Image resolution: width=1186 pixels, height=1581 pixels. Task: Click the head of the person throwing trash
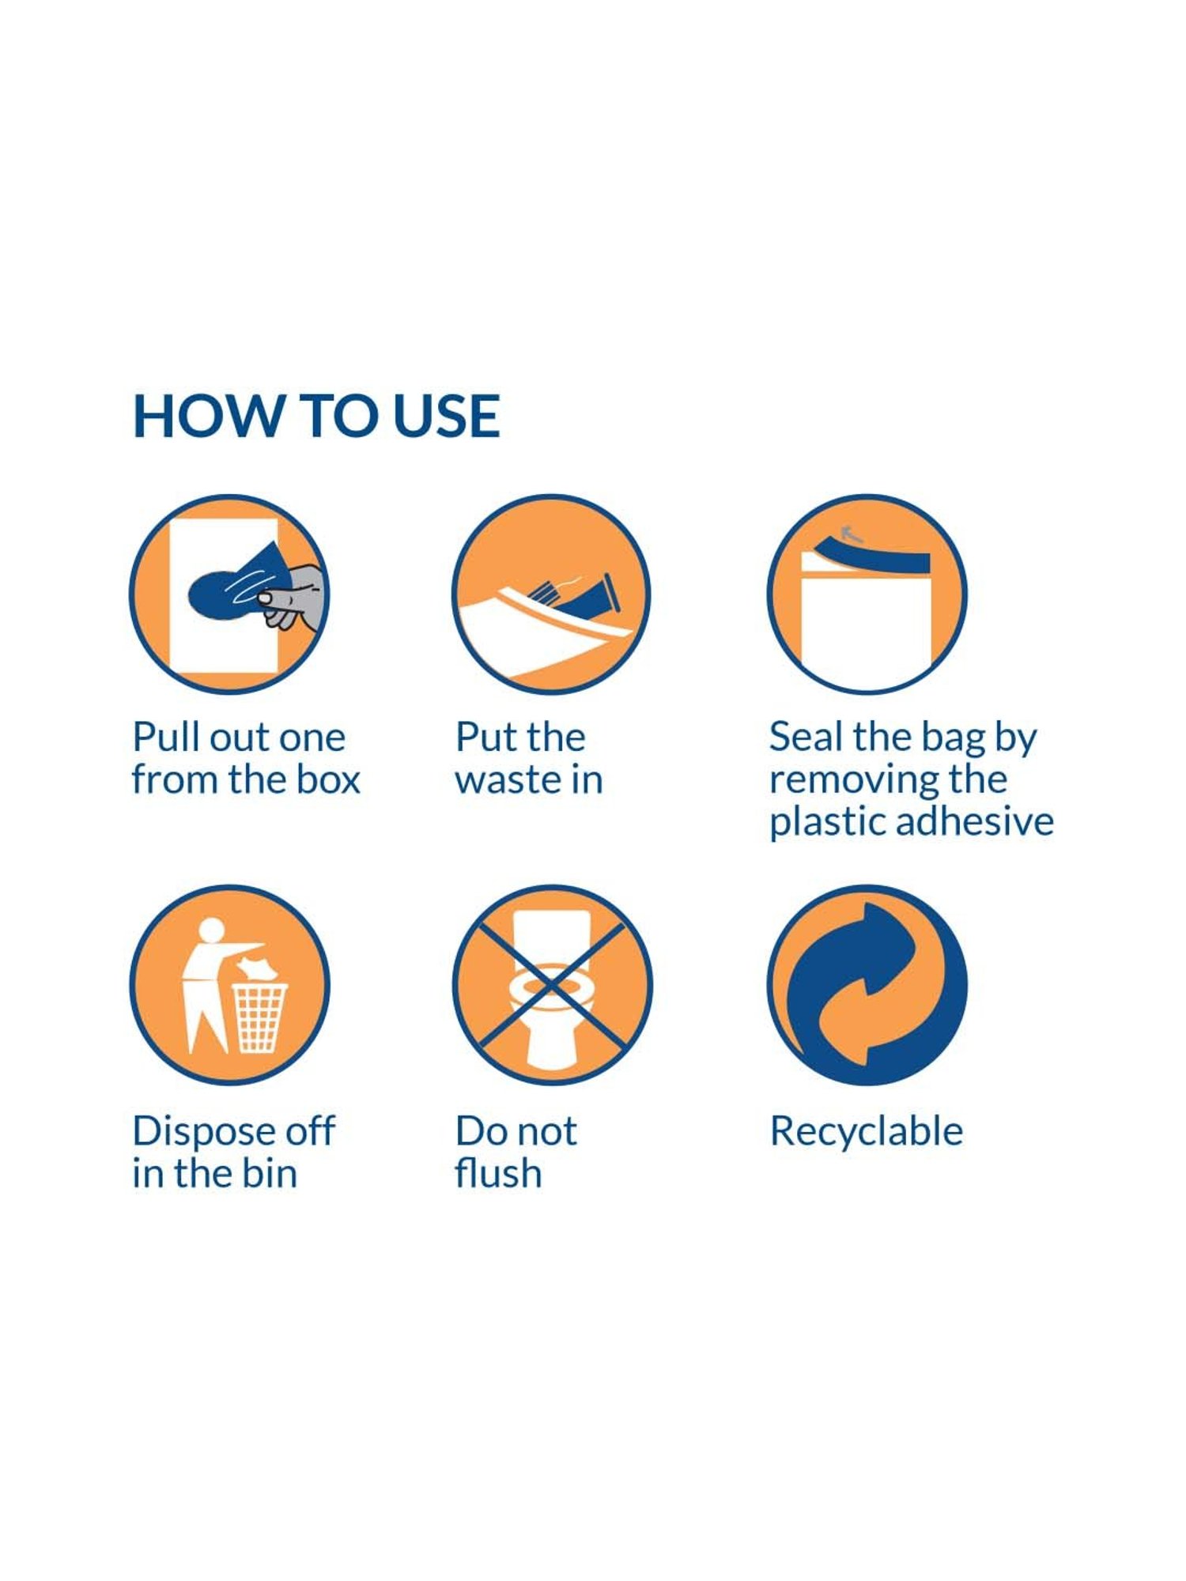(212, 930)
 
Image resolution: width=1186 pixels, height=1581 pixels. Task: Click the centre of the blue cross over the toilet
(552, 985)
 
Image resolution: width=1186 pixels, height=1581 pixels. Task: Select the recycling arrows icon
(867, 985)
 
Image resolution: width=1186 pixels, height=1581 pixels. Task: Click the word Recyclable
(867, 1131)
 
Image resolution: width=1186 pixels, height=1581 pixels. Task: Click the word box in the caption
(328, 779)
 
